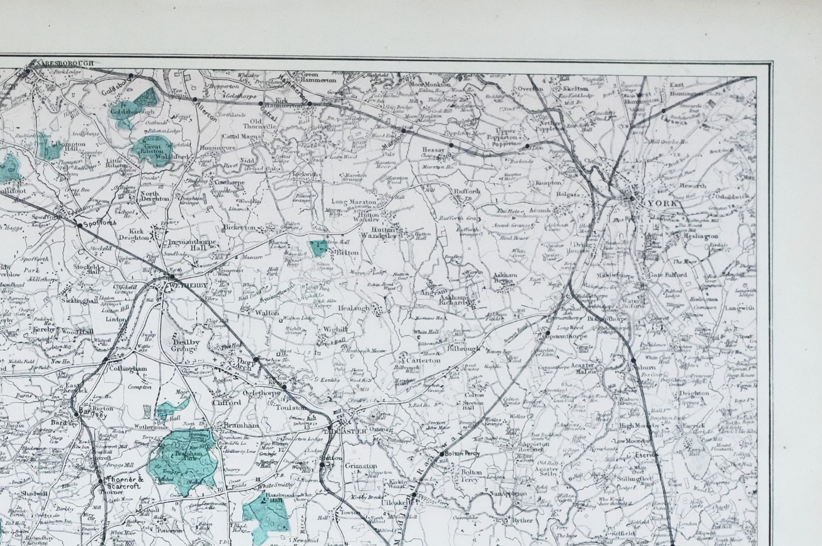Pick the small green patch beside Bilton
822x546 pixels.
[319, 249]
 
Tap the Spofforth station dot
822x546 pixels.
[79, 224]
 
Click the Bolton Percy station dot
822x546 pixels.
[441, 454]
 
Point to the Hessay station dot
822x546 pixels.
[451, 145]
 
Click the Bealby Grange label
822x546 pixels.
[184, 345]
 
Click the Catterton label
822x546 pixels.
[424, 360]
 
